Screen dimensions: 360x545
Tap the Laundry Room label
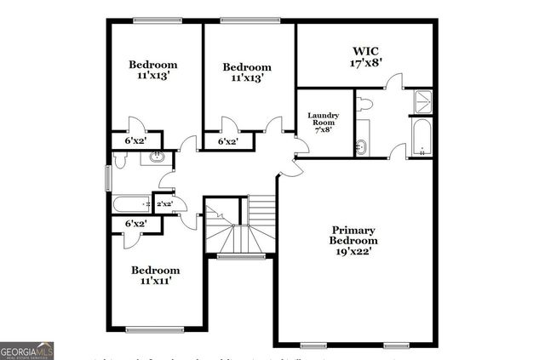coord(324,119)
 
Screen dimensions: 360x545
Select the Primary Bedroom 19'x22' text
coord(353,241)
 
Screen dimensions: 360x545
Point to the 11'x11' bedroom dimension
coord(154,281)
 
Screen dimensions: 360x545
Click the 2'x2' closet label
coord(164,204)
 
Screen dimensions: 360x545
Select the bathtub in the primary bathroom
coord(422,139)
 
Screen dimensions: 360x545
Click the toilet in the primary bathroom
coord(364,105)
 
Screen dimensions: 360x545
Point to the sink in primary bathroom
coord(361,146)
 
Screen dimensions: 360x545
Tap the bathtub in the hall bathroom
coord(132,204)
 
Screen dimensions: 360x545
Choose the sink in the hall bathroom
coord(157,157)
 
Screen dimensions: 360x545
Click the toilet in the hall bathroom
coord(117,158)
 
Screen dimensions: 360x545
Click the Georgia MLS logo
coord(27,349)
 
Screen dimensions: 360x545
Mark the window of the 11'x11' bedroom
coord(154,329)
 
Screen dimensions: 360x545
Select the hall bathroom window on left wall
coord(107,178)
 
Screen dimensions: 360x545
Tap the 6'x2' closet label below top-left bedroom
coord(135,141)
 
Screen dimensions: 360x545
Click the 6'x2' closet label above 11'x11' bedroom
coord(135,223)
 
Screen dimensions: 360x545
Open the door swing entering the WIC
coord(393,83)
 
